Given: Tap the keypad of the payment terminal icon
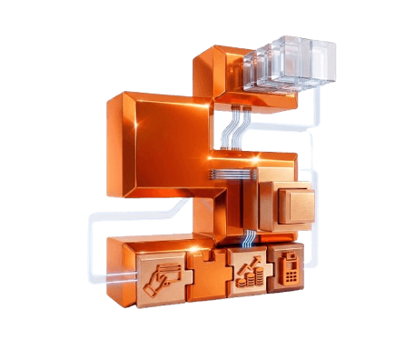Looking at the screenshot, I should tap(289, 272).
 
